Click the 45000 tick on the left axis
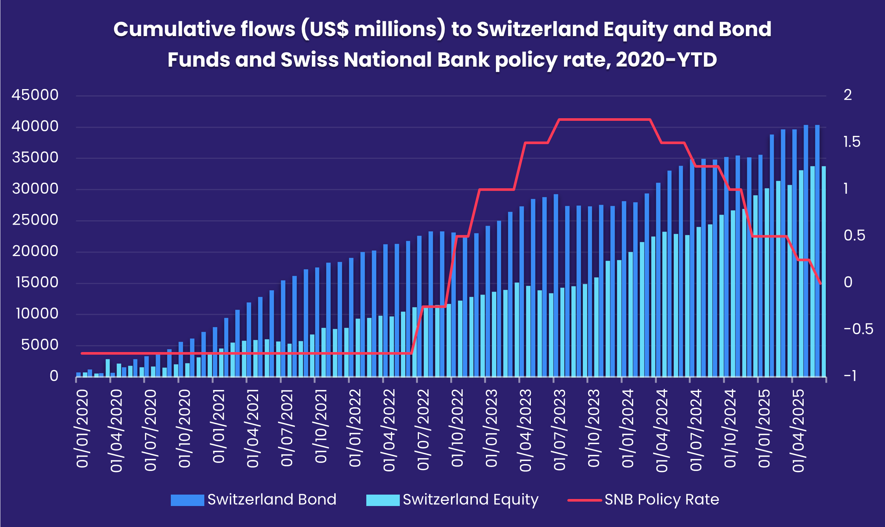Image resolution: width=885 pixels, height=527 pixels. [x=35, y=95]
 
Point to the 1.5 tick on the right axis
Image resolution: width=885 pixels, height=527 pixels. [x=852, y=142]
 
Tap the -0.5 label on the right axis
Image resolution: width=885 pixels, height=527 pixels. [x=858, y=329]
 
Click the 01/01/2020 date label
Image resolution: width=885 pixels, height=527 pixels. [x=82, y=429]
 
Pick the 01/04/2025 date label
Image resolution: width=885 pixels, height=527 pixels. [x=798, y=431]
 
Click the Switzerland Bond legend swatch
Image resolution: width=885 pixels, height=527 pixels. [x=187, y=500]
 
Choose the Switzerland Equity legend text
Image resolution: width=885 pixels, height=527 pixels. [x=470, y=499]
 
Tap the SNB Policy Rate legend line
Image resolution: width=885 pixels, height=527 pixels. [x=584, y=500]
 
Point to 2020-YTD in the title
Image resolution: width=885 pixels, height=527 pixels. [x=666, y=60]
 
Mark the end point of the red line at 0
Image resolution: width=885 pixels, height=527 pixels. [x=820, y=284]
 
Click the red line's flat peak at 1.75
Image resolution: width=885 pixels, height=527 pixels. [x=604, y=119]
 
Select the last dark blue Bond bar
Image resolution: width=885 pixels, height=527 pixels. [x=817, y=250]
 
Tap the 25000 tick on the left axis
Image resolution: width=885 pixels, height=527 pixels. [x=35, y=220]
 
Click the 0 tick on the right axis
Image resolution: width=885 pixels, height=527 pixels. [x=848, y=282]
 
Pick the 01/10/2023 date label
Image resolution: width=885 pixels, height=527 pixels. [x=594, y=429]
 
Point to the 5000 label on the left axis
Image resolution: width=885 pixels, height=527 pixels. [x=40, y=345]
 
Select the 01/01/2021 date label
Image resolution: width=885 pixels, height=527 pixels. [x=219, y=426]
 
